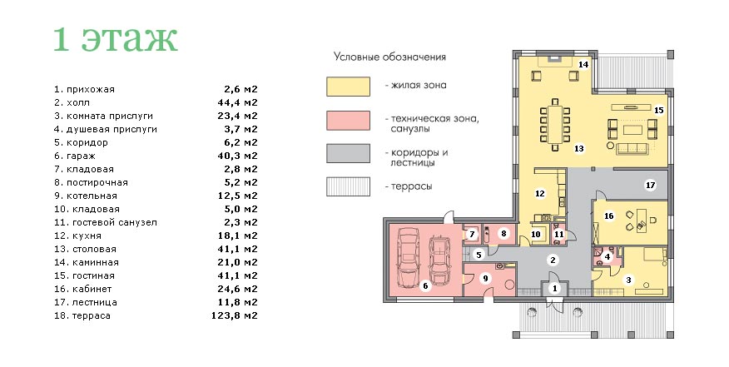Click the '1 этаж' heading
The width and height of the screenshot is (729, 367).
[116, 39]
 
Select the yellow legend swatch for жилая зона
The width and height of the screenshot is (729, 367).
[348, 87]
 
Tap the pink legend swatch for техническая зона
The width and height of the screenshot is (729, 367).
[348, 121]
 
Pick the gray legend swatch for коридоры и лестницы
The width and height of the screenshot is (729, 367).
[348, 153]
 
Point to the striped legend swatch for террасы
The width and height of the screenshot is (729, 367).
[348, 186]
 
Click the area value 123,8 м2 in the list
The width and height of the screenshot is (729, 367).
[235, 316]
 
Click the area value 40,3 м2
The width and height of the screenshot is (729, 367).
[237, 156]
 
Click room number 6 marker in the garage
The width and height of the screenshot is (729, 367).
[425, 286]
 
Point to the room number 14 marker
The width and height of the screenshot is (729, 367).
[583, 64]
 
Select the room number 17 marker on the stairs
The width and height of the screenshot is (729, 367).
[651, 185]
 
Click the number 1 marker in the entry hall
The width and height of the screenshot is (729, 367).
[554, 289]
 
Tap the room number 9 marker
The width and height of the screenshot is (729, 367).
[485, 278]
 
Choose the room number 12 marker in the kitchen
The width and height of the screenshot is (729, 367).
[540, 193]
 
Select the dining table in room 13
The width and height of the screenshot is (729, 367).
[554, 125]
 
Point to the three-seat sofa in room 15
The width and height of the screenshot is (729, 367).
[632, 149]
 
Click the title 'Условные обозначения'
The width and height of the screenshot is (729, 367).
[389, 57]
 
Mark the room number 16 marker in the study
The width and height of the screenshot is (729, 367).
[608, 216]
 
